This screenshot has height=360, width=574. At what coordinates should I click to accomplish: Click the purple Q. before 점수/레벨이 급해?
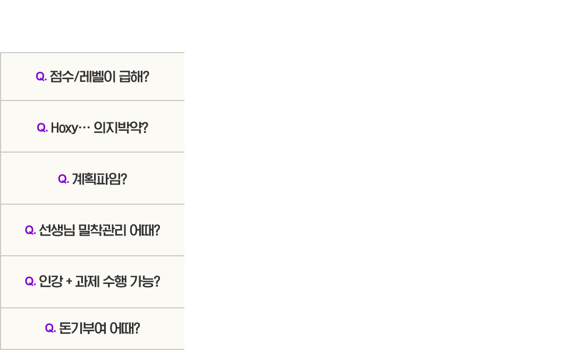(x=41, y=77)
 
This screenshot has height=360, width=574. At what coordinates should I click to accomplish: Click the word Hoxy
(x=64, y=128)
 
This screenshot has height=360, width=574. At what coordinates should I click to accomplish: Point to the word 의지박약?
(x=121, y=128)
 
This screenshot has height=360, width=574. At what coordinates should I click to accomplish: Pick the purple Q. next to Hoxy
(x=42, y=128)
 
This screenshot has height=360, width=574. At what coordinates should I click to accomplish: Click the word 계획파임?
(x=99, y=179)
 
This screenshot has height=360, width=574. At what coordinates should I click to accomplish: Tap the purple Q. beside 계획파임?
(x=63, y=179)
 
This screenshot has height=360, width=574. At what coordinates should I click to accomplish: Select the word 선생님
(x=57, y=230)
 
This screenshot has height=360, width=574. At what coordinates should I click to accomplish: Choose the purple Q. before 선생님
(x=30, y=230)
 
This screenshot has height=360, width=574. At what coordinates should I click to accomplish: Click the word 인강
(x=51, y=281)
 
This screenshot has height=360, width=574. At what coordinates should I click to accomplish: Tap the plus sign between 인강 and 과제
(x=69, y=282)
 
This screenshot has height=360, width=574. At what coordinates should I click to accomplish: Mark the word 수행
(x=115, y=281)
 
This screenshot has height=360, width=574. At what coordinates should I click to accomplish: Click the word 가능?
(x=145, y=281)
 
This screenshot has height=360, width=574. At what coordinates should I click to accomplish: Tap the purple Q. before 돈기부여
(x=50, y=328)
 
